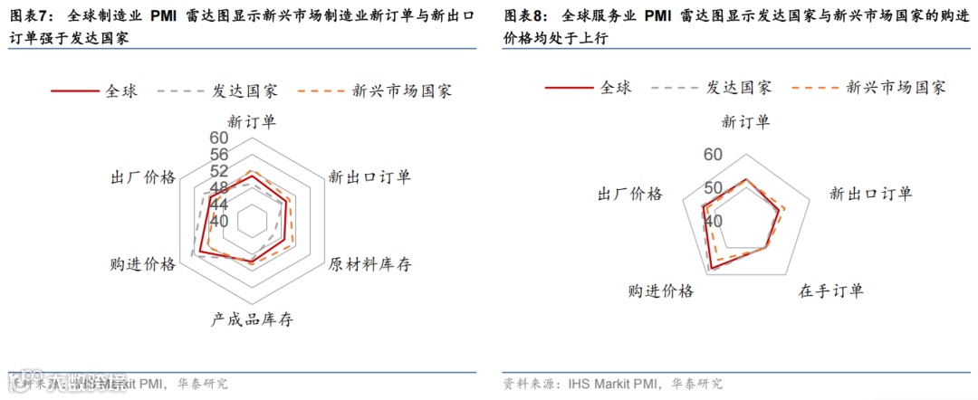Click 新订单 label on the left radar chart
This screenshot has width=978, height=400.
253,121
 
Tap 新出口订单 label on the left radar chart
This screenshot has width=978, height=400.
369,176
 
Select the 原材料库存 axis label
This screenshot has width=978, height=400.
369,264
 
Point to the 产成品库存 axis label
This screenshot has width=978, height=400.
253,319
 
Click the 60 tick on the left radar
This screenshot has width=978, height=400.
218,138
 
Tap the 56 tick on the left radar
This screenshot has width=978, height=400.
218,155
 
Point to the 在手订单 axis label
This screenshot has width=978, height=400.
830,291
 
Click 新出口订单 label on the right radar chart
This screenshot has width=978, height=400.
870,194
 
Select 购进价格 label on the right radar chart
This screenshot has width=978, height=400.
660,291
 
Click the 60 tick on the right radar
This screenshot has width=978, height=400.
713,155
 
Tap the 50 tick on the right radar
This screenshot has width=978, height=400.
713,188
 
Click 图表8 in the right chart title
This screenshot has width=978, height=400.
523,16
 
